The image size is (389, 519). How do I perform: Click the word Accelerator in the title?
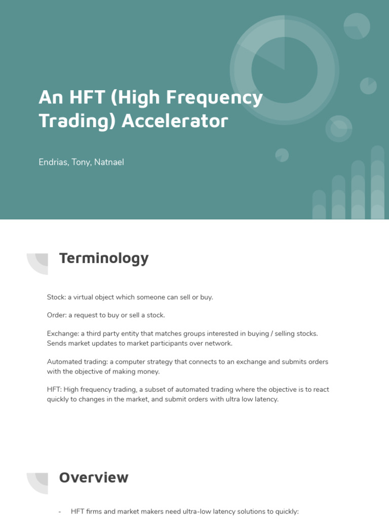click(x=175, y=121)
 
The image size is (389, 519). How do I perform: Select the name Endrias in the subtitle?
click(x=53, y=162)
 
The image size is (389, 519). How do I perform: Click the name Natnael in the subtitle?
click(x=109, y=162)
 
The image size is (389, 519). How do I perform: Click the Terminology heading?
click(x=104, y=258)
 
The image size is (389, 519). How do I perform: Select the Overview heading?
click(x=94, y=477)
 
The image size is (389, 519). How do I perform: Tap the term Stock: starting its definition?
click(x=56, y=297)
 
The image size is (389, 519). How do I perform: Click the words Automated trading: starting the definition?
click(x=76, y=362)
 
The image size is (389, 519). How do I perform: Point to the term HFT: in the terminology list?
click(x=54, y=390)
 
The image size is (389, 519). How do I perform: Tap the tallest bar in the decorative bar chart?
click(x=377, y=182)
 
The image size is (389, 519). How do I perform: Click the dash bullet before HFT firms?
click(x=60, y=512)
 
